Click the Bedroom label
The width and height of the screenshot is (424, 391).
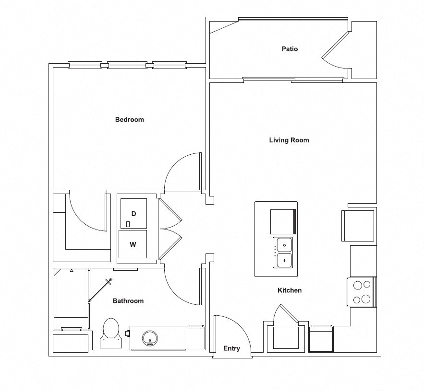(x=129, y=119)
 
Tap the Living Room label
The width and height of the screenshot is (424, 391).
(x=289, y=140)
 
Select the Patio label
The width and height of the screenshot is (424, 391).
(x=290, y=49)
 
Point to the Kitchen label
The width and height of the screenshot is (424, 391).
(x=290, y=290)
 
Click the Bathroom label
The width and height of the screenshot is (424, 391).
(x=128, y=301)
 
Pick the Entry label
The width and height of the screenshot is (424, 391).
(x=231, y=348)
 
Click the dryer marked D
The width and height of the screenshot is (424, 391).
(x=133, y=213)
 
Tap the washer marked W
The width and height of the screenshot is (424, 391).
(x=133, y=245)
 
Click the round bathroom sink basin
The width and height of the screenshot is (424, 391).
(x=150, y=338)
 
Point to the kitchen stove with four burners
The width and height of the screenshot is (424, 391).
(x=362, y=292)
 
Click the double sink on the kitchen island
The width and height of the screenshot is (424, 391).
(x=283, y=253)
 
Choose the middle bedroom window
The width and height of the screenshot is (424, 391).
(x=127, y=65)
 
